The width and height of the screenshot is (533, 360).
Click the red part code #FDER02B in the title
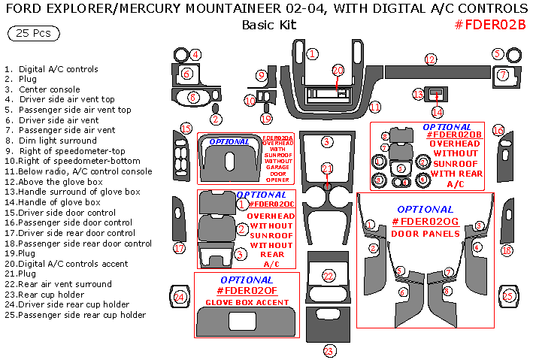[490, 25]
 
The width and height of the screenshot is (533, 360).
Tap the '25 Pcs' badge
[34, 34]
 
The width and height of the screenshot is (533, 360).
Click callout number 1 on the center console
[312, 53]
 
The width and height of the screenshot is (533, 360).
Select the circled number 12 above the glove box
[430, 59]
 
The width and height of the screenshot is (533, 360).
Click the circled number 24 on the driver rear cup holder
[179, 297]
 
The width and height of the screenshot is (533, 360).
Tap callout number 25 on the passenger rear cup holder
[508, 296]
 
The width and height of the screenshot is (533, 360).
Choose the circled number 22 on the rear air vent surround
[328, 276]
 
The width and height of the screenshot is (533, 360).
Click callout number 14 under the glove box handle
[438, 112]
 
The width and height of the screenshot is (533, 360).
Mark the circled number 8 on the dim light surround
[193, 97]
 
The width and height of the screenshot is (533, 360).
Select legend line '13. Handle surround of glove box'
[72, 192]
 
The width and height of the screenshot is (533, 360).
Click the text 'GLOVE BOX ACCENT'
[247, 302]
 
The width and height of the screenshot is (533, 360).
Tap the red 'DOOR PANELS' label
[425, 234]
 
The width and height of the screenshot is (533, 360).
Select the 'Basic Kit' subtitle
[269, 25]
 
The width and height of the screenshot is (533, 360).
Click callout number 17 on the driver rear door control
[179, 248]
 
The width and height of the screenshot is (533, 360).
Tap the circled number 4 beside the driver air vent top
[195, 54]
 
